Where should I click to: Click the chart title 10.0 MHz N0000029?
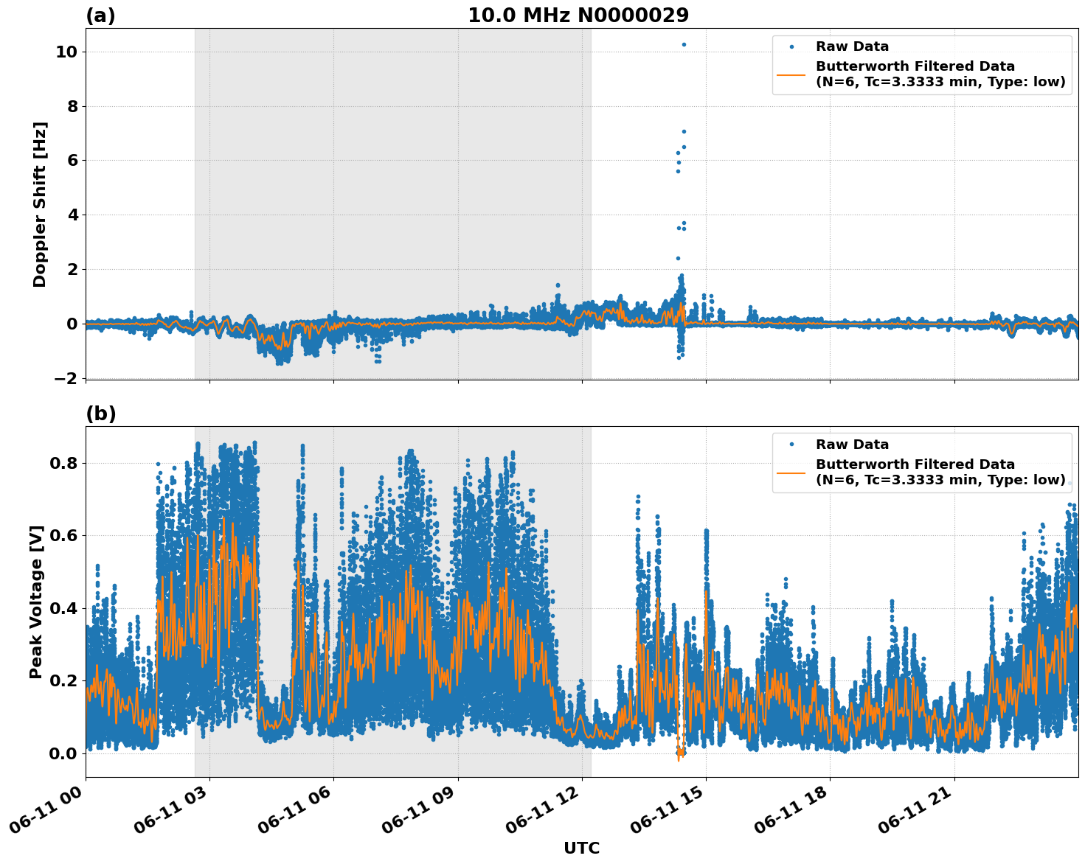578,15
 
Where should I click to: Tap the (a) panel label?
100,15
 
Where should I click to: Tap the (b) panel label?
101,414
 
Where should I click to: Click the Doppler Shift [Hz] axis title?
40,204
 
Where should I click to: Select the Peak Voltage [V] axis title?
36,602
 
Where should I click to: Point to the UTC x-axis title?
581,849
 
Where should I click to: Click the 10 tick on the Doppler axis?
66,52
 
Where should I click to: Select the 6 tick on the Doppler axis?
72,161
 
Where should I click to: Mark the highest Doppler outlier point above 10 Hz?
684,44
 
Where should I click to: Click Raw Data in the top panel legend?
852,46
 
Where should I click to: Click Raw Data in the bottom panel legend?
852,445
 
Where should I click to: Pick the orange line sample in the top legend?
791,74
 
